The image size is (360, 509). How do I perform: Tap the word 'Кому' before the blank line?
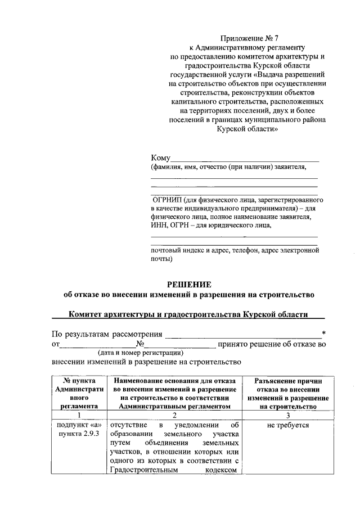pos(160,157)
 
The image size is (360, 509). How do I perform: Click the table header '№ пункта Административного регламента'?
pos(79,393)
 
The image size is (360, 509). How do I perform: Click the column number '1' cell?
pos(79,415)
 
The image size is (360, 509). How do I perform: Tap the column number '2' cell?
pos(175,415)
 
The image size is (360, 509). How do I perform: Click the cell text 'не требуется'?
pos(288,425)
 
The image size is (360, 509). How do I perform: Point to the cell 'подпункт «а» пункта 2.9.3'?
pos(79,430)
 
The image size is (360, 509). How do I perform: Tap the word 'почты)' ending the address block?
pos(161,259)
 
